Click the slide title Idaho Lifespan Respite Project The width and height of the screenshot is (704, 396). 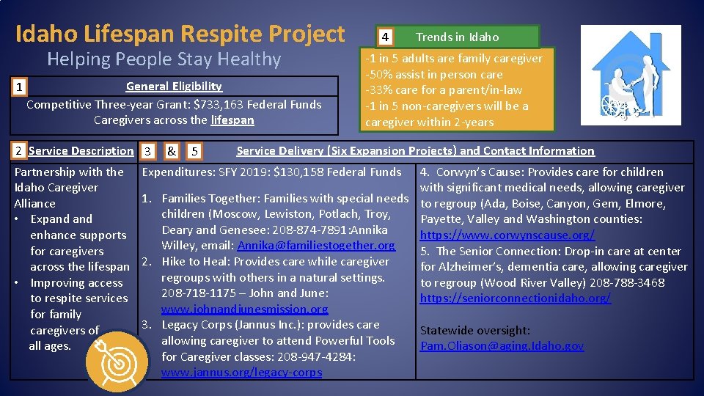click(180, 34)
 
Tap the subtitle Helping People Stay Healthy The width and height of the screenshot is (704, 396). click(164, 59)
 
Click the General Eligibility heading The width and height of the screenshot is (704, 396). click(174, 87)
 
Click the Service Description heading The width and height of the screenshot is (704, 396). click(81, 151)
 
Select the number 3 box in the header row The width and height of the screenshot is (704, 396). click(147, 152)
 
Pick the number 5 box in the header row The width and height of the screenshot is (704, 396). click(194, 152)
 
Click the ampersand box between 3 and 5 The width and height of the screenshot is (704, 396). click(170, 152)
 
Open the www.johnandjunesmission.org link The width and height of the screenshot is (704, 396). click(245, 309)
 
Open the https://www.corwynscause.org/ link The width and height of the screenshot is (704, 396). click(507, 235)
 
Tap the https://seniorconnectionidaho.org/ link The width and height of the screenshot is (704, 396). click(516, 298)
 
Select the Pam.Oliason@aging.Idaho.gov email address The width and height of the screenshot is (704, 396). click(502, 345)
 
